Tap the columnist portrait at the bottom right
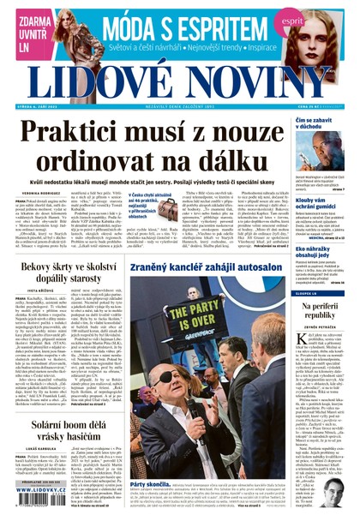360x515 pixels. click(x=335, y=491)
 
